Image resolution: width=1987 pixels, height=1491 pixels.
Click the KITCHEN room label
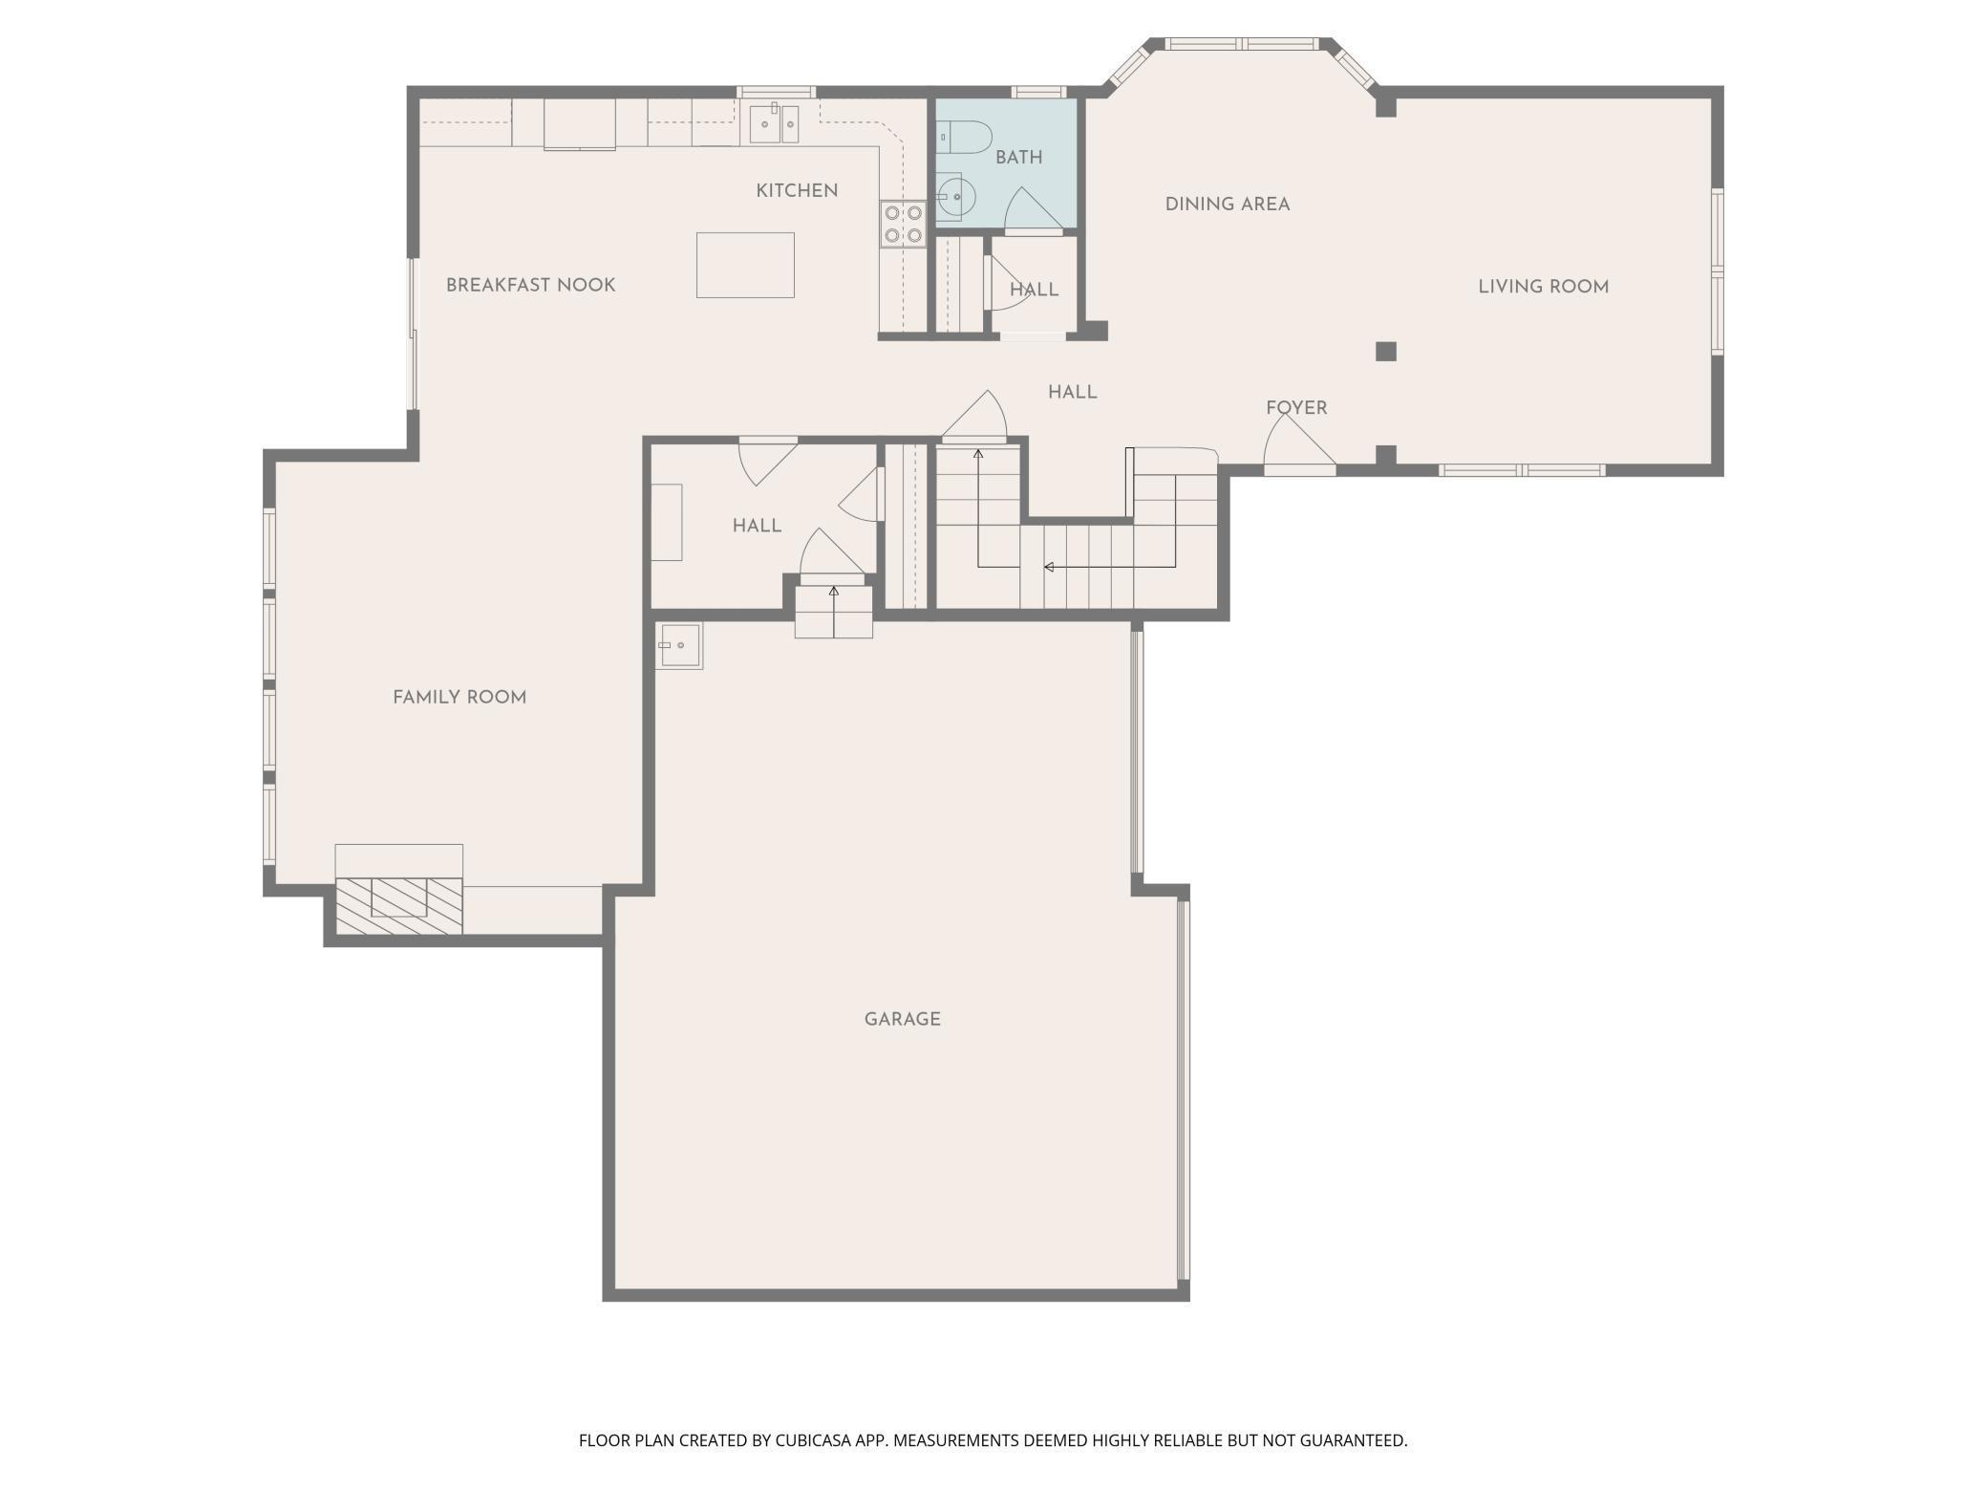click(797, 191)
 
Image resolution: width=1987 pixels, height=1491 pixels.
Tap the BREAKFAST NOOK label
click(530, 285)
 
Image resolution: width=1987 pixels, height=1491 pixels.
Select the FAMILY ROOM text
click(459, 698)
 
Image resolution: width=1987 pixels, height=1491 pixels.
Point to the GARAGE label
click(903, 1020)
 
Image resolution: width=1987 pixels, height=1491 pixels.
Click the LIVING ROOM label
click(1544, 287)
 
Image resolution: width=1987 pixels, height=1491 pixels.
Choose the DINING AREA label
click(1228, 205)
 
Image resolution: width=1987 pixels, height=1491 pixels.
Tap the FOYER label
click(1296, 408)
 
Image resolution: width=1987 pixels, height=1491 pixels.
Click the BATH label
click(1019, 158)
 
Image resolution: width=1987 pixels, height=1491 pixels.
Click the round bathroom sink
click(952, 198)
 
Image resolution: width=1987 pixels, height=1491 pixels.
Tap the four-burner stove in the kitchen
click(904, 224)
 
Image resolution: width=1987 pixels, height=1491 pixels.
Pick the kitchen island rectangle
click(745, 265)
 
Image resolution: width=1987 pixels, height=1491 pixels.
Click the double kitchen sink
click(774, 124)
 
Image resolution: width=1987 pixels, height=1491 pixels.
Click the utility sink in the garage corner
click(679, 645)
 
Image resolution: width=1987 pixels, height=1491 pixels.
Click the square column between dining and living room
click(1386, 352)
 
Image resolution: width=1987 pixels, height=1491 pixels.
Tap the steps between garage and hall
click(834, 612)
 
